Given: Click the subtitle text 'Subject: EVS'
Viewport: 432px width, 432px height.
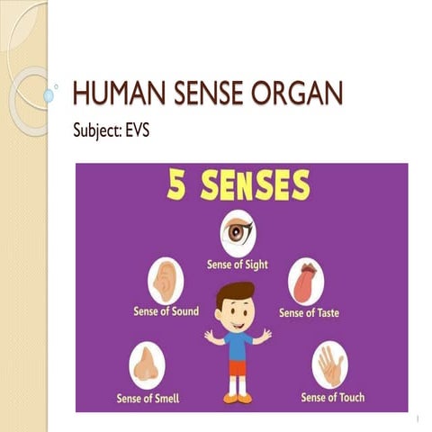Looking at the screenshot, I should coord(112,131).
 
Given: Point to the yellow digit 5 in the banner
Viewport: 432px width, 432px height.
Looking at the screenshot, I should coord(176,187).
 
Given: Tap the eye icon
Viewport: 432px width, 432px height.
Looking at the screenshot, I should coord(238,233).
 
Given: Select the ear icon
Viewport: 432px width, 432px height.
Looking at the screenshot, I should coord(165,280).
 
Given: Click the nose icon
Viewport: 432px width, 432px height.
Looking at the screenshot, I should coord(146,363).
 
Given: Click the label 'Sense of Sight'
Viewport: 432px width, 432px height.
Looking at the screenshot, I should coord(238,265).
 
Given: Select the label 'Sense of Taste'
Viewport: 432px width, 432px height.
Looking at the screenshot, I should coord(310,313).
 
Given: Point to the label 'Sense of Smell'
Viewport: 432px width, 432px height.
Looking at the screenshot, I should coord(148,396).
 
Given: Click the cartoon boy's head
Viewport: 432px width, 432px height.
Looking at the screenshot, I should coord(238,306).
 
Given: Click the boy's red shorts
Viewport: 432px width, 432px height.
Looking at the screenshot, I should coord(238,368).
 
